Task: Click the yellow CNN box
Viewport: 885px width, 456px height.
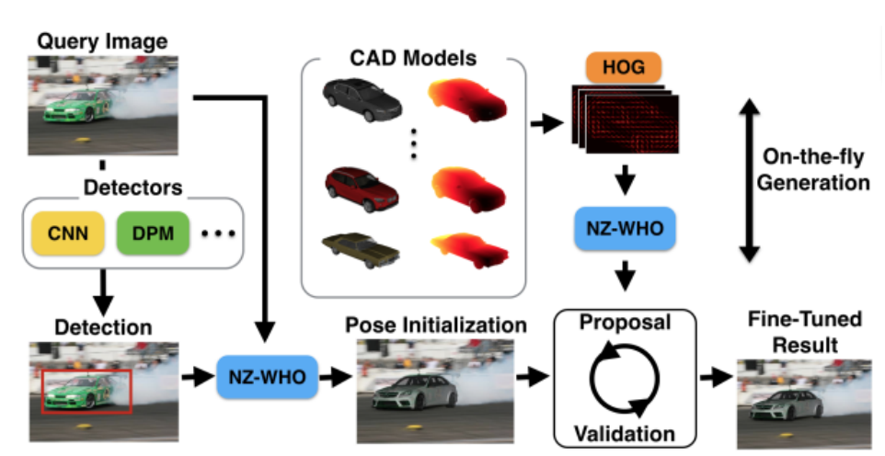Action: pos(70,234)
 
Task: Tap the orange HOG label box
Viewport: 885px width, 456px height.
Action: pos(625,65)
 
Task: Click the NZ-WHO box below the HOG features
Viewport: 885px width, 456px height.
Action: pos(625,226)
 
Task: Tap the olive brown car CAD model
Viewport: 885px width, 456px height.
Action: pos(362,248)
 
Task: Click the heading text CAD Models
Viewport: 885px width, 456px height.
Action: pos(413,59)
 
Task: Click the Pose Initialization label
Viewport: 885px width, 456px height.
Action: pos(436,326)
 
